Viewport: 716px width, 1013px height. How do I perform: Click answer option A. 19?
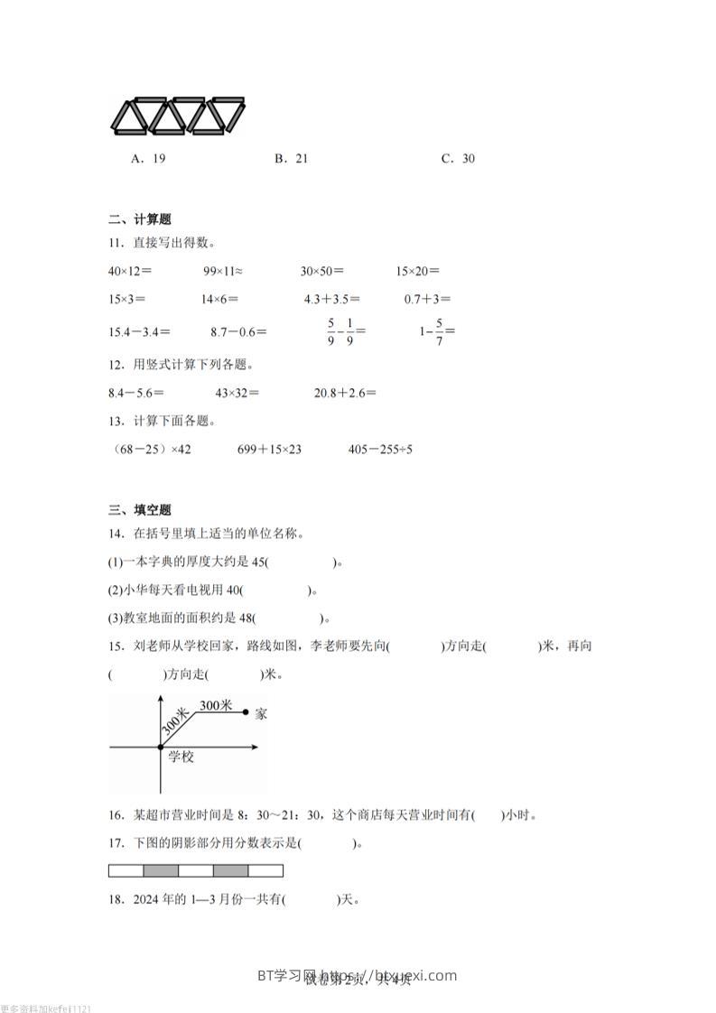point(148,159)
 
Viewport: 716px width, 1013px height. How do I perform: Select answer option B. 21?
point(291,159)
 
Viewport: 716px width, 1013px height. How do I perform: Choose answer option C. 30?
point(458,159)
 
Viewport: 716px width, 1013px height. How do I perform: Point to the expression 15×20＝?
point(417,271)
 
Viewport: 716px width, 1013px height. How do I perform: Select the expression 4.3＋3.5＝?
point(331,299)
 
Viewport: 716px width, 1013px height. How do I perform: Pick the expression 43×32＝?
point(237,393)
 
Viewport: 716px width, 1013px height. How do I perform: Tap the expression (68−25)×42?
point(151,449)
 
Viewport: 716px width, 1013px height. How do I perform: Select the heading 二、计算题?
point(140,219)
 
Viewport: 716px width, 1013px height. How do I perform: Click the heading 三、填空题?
point(140,510)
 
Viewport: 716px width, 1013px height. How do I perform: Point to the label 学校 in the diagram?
point(181,757)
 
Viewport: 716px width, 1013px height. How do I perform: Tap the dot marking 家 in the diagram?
point(246,713)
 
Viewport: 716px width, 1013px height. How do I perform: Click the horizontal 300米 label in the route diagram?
point(216,705)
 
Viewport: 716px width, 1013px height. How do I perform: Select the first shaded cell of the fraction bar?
point(161,871)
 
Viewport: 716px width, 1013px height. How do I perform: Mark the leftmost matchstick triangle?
point(129,117)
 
